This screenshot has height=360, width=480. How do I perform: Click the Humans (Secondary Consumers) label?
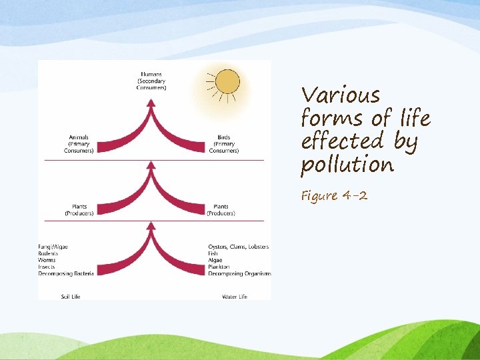151,81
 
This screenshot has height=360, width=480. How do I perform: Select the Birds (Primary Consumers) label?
223,144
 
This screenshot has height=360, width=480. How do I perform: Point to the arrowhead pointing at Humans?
151,103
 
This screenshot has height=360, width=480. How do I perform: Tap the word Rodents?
49,253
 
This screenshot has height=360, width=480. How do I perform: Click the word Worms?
47,260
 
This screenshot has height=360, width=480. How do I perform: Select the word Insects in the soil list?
47,267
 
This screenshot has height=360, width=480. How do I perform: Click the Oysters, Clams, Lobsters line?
238,247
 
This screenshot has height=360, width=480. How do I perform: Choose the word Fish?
213,253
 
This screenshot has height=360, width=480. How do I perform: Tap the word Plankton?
219,267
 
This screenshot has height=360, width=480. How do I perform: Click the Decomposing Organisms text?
239,273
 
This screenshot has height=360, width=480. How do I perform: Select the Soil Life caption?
70,296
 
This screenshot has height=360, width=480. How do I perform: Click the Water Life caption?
233,296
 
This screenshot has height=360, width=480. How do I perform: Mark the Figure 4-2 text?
334,196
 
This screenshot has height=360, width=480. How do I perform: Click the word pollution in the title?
347,165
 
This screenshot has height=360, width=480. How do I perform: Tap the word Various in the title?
340,95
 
